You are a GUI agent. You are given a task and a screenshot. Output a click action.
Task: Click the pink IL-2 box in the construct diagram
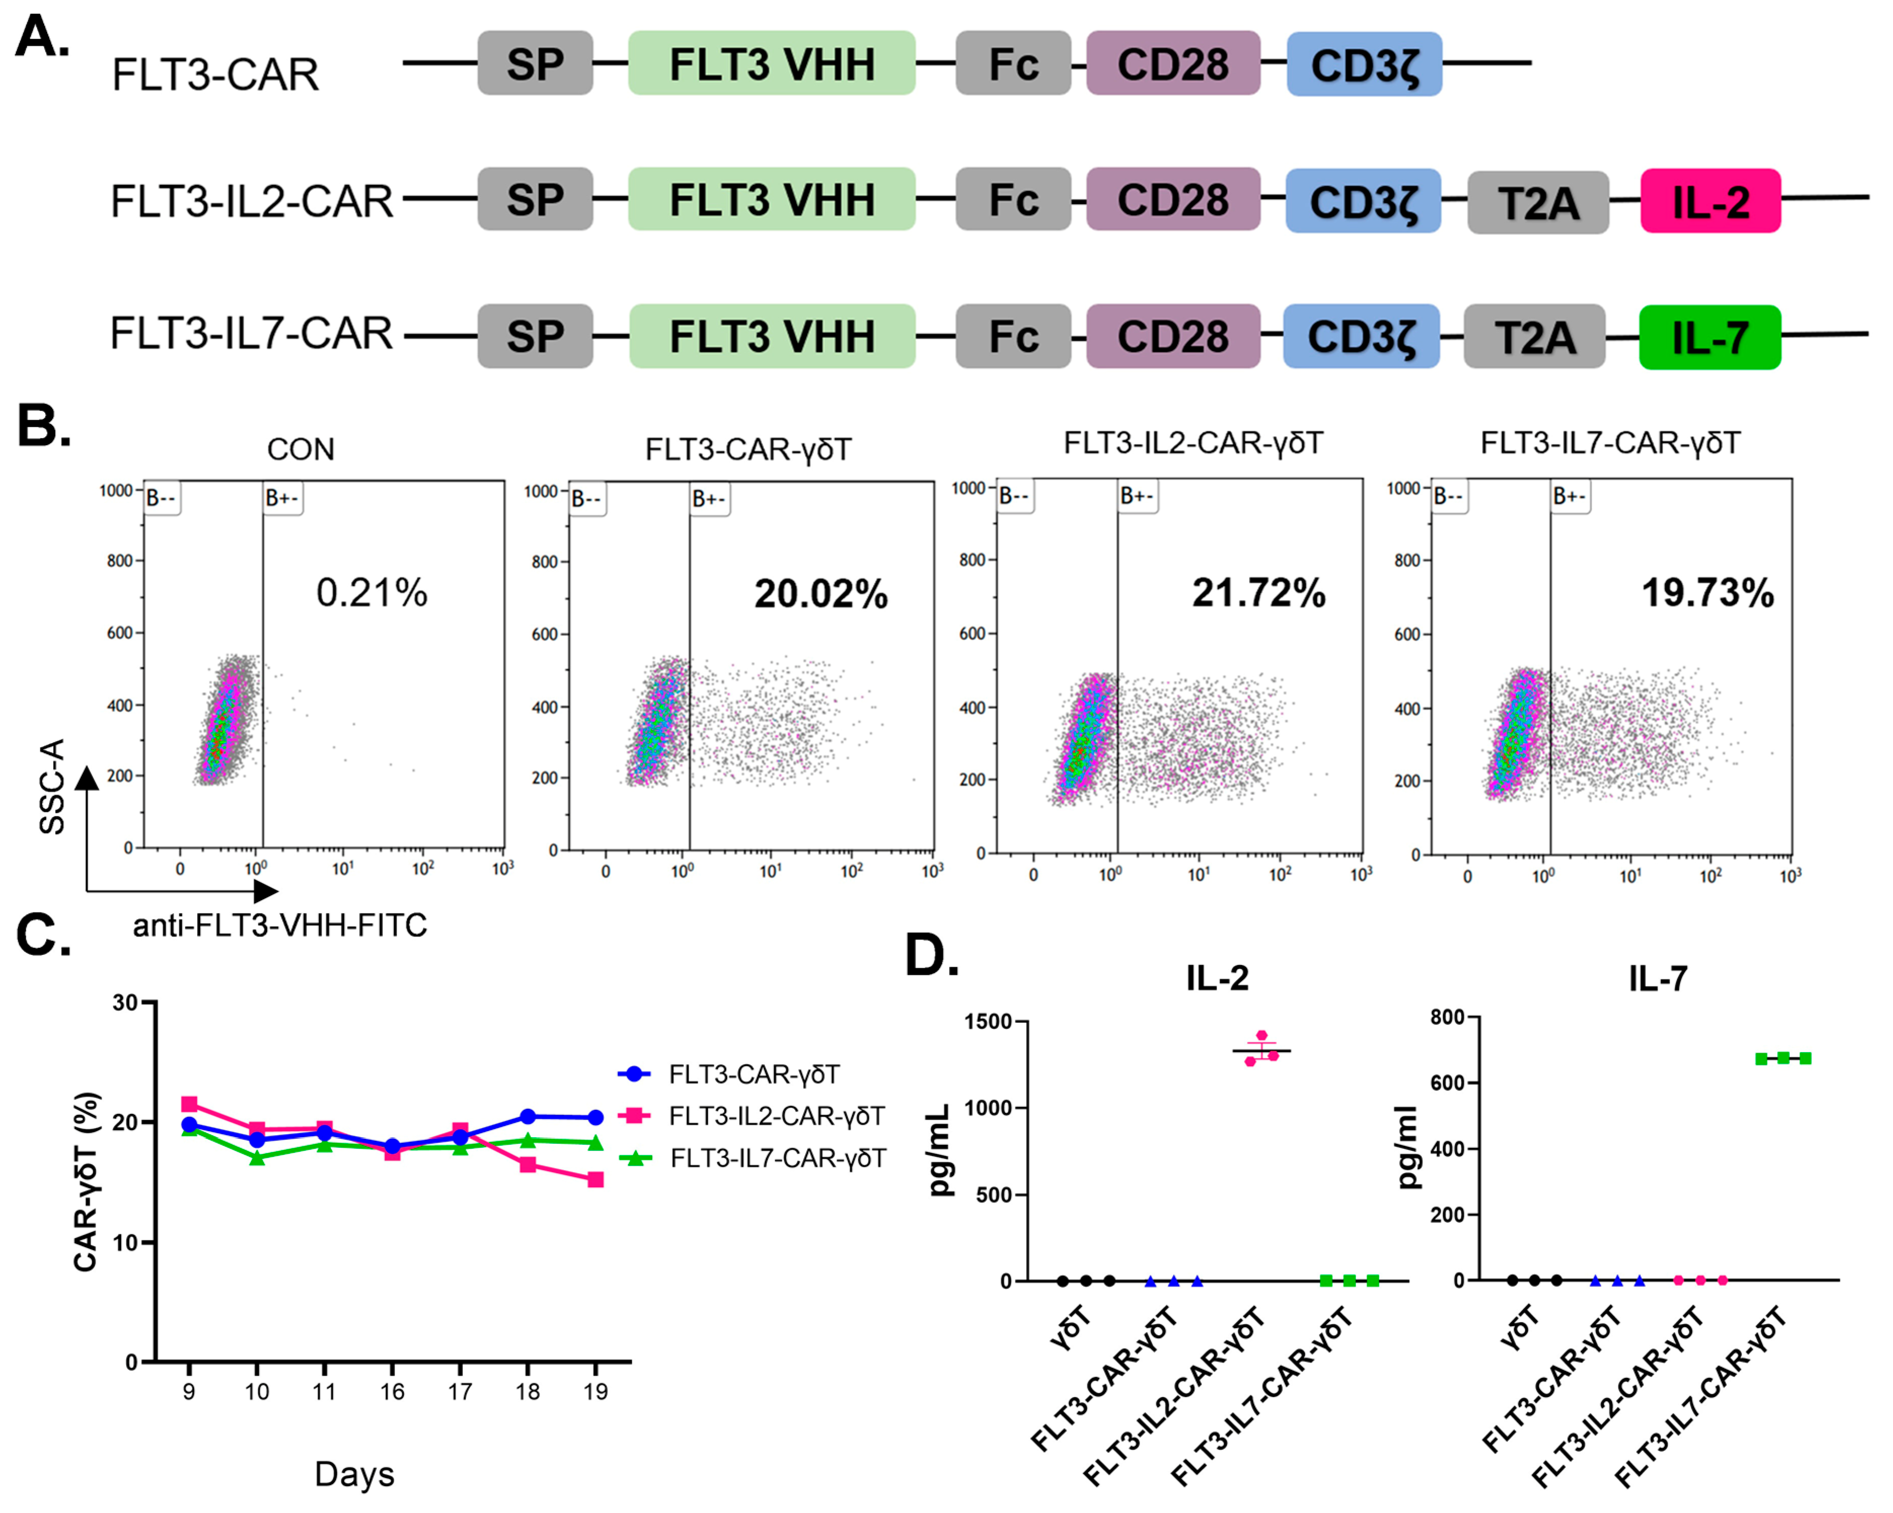[x=1711, y=201]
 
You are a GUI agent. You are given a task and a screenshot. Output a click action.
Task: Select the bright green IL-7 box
[x=1710, y=337]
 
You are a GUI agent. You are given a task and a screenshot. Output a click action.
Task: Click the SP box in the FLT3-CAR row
[x=535, y=63]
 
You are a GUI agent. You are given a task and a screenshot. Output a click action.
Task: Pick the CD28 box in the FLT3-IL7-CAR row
[x=1173, y=336]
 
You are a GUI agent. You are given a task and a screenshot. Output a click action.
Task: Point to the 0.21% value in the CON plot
[x=371, y=593]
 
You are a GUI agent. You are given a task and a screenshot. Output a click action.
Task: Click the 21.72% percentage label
[x=1258, y=593]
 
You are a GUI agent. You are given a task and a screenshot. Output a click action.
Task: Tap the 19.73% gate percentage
[x=1708, y=593]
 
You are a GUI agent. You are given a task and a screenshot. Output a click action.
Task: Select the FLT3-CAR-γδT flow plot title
[x=748, y=449]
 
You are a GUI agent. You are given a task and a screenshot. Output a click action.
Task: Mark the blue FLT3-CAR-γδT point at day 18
[x=527, y=1116]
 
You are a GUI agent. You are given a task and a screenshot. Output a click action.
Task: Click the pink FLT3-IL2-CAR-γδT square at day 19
[x=595, y=1180]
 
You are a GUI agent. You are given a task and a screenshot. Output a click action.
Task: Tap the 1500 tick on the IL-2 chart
[x=988, y=1022]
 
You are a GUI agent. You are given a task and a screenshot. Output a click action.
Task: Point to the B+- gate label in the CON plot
[x=283, y=498]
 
